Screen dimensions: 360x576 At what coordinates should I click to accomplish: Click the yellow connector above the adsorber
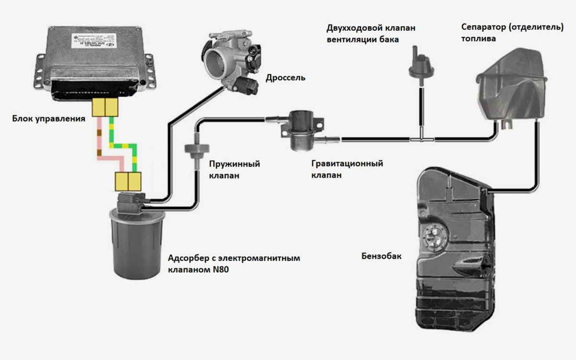click(128, 181)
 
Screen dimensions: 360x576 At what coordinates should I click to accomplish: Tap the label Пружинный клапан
click(234, 169)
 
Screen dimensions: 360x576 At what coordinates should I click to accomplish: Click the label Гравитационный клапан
click(347, 169)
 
